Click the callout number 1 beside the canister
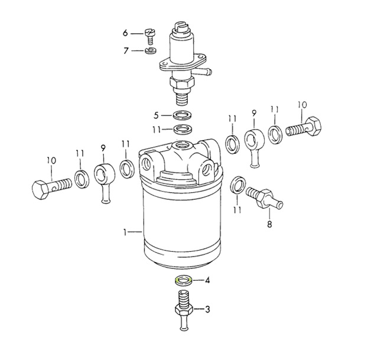coord(125,232)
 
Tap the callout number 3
coord(207,309)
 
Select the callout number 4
coord(207,280)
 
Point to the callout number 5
coord(156,116)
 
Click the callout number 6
coord(125,33)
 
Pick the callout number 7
coord(126,51)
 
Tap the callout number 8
coord(269,225)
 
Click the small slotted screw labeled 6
coord(150,36)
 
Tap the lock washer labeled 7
coord(151,50)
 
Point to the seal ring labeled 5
coord(182,116)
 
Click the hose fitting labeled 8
coord(264,197)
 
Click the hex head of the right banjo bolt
coord(314,127)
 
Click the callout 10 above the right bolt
coord(302,105)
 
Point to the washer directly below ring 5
coord(182,129)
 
